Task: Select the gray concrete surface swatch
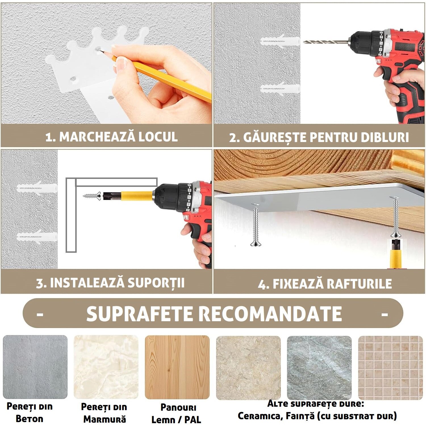35,367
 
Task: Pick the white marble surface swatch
106,367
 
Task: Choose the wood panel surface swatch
177,367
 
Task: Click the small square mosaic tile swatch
390,368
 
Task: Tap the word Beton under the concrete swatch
30,419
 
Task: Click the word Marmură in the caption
105,419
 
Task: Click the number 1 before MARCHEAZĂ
50,137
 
